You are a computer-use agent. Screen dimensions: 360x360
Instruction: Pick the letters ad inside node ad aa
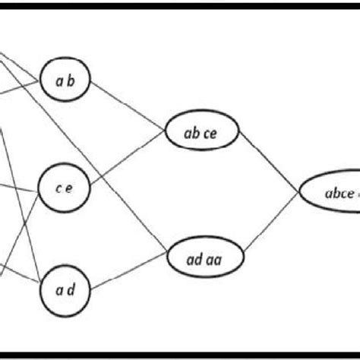tap(194, 260)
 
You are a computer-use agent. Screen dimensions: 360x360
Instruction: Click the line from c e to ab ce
tap(129, 159)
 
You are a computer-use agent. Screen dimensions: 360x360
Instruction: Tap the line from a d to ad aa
tap(129, 274)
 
